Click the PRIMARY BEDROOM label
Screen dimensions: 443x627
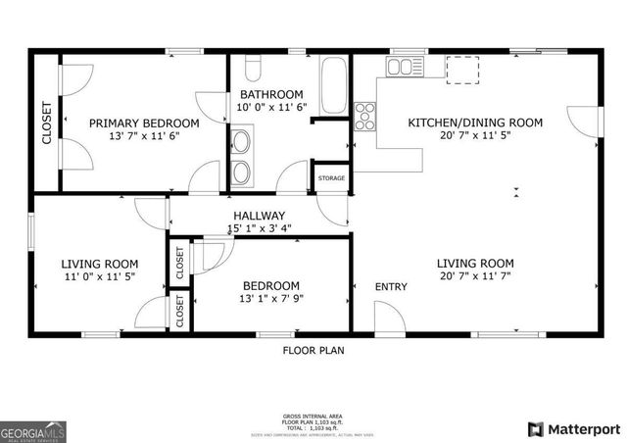point(144,123)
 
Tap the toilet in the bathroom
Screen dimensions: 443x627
point(252,70)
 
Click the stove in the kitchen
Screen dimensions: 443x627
point(365,117)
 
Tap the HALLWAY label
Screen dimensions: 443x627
point(259,216)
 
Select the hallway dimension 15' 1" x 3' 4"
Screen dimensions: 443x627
point(259,228)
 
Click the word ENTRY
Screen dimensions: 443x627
point(391,286)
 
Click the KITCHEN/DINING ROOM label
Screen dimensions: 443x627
point(474,123)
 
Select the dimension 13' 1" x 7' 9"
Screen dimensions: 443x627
point(271,299)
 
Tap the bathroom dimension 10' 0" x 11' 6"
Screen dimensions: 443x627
point(271,107)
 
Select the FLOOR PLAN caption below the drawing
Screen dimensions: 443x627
point(313,350)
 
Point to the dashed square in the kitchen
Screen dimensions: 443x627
point(462,69)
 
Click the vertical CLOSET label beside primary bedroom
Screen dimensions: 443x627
point(46,123)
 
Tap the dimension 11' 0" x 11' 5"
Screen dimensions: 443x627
point(99,276)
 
